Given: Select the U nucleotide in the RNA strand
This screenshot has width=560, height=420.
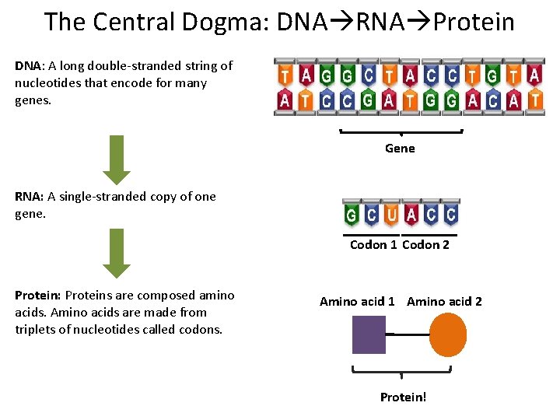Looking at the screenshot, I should coord(391,214).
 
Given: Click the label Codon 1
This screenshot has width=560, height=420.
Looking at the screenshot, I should coord(373,245).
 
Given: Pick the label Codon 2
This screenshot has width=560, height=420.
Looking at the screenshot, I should coord(425,245).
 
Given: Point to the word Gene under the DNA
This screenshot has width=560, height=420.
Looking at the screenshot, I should coord(400,149).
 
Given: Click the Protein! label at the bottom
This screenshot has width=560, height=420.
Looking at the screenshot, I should coord(403,397).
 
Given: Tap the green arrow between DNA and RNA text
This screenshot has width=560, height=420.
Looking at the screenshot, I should coord(117,159).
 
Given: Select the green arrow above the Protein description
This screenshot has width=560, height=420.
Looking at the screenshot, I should coord(117,253).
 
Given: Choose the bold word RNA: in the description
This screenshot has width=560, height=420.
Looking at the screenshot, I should coord(28,197).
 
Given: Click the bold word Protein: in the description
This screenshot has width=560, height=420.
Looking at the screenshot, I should coord(38,296).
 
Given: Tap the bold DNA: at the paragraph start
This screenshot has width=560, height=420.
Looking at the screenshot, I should coord(28,65).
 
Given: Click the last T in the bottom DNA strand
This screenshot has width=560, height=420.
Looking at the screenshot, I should coord(534,100).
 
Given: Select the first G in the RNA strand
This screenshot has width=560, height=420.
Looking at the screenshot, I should coord(352,214).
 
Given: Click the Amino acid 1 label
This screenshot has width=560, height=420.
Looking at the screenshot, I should coord(357,301).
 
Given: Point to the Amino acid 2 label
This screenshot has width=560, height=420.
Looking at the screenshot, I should coord(444,301).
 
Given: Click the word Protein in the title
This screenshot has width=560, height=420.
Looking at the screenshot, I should coord(474,23).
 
